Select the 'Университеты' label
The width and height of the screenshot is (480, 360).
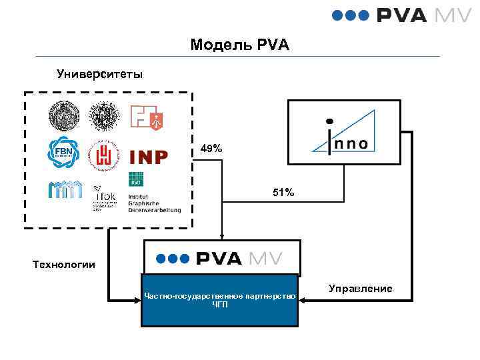pyautogui.click(x=99, y=73)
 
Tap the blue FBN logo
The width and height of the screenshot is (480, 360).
pyautogui.click(x=63, y=153)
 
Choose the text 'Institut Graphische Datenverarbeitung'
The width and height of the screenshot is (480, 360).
pyautogui.click(x=154, y=199)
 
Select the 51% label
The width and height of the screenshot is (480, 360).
pyautogui.click(x=283, y=193)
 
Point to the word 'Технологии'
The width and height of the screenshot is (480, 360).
pyautogui.click(x=64, y=265)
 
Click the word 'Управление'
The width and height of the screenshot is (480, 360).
pyautogui.click(x=361, y=289)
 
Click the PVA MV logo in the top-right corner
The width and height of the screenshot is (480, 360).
pyautogui.click(x=401, y=15)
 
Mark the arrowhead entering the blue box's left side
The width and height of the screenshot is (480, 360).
pyautogui.click(x=137, y=300)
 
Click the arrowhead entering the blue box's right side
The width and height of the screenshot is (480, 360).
pyautogui.click(x=301, y=300)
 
